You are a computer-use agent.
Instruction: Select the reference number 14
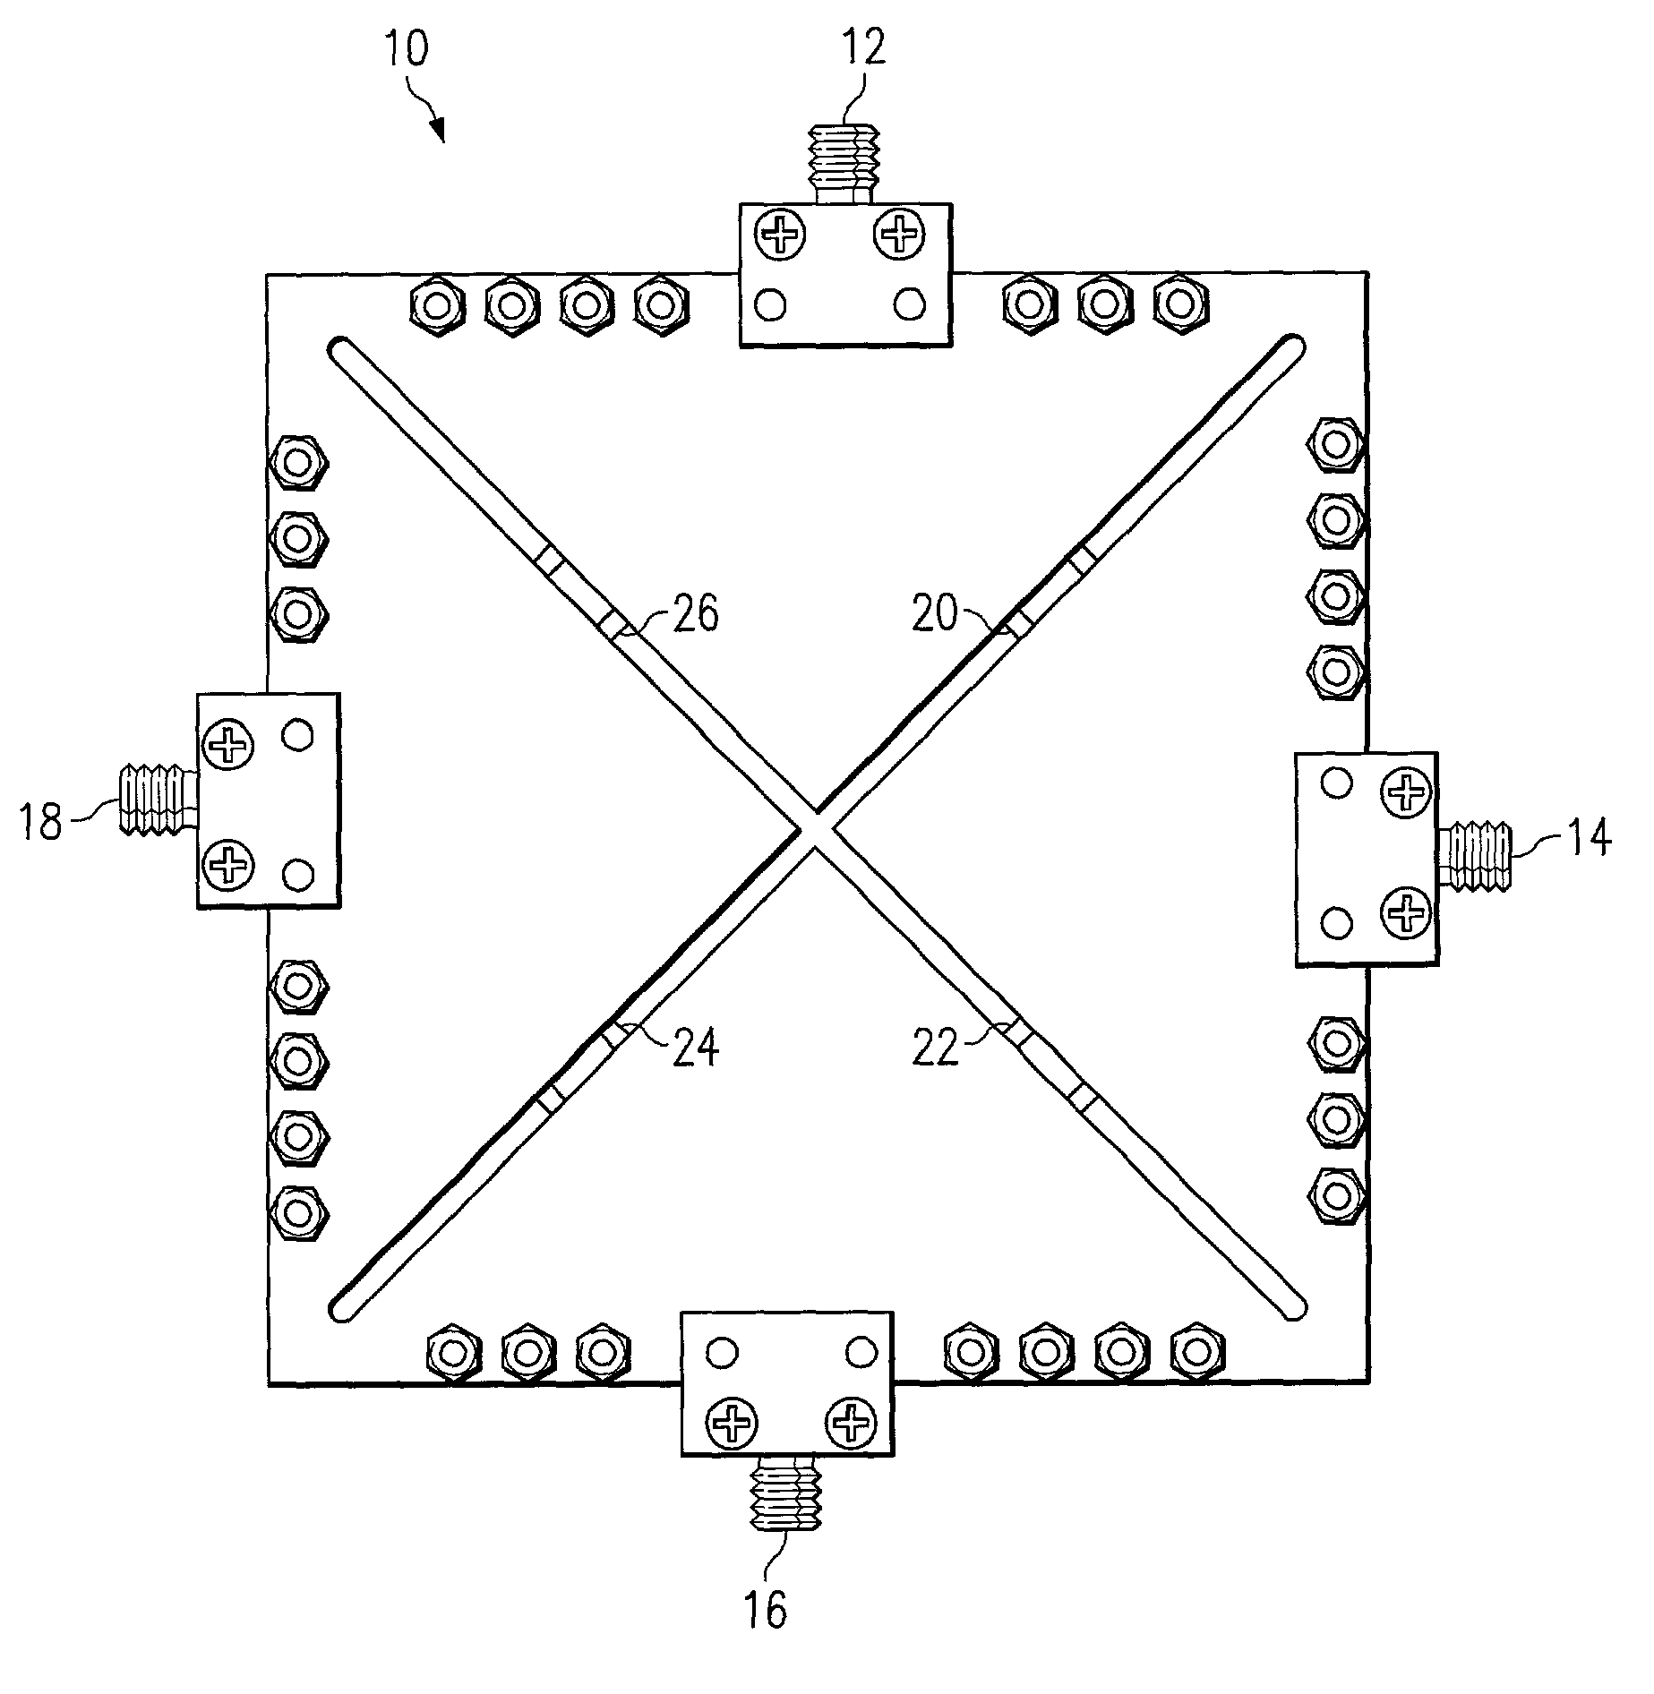tap(1587, 838)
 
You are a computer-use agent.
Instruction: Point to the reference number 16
tap(765, 1609)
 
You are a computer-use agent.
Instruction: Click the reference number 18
tap(40, 821)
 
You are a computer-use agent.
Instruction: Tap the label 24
tap(695, 1048)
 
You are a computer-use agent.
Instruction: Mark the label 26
tap(695, 615)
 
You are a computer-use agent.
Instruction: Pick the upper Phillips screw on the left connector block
tap(229, 743)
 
